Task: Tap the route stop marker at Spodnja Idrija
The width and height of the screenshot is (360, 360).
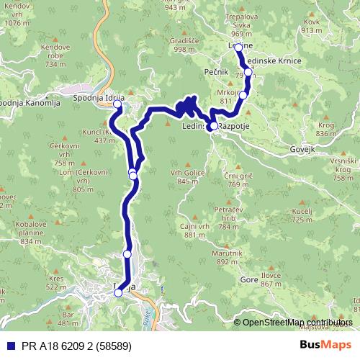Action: (x=117, y=104)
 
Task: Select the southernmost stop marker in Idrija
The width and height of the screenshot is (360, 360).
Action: (x=118, y=292)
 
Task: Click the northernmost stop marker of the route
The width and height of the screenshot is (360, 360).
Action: (x=239, y=48)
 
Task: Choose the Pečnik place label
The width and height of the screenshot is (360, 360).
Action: (x=196, y=73)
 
